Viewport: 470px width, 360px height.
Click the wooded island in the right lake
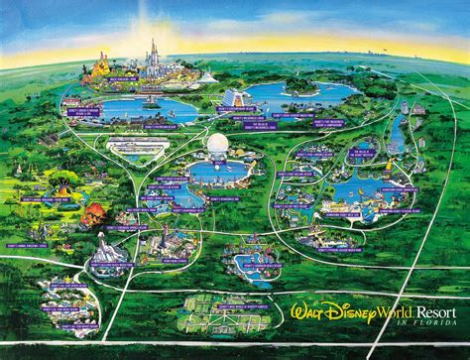pos(297,88)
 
